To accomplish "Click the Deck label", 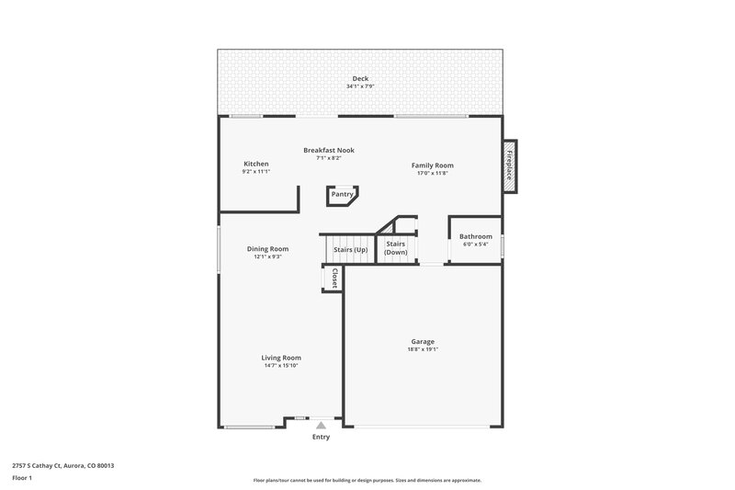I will [360, 78].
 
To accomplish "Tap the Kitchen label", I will [255, 164].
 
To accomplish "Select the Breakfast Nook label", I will [329, 150].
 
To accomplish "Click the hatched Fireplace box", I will [510, 166].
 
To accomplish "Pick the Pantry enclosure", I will [342, 195].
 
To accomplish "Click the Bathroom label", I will [475, 236].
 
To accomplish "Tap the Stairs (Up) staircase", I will [349, 249].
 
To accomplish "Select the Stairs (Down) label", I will [396, 247].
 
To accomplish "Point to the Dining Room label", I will [267, 248].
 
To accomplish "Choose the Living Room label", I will [281, 358].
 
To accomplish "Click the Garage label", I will [423, 341].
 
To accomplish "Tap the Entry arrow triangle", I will [320, 425].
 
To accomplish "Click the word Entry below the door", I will [321, 437].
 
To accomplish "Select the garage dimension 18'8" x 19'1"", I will [423, 349].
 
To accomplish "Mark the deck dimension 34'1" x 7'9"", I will [360, 86].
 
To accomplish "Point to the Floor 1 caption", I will [21, 479].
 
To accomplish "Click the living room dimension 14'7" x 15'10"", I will [280, 366].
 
